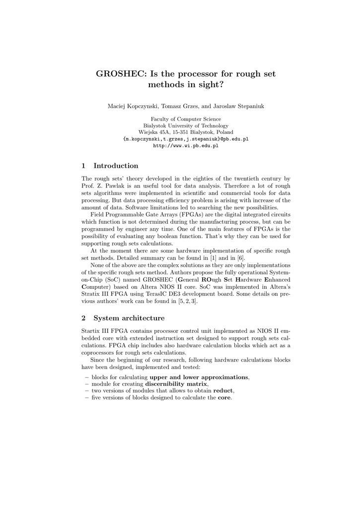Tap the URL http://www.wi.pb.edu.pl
[x=186, y=146]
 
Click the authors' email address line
[x=186, y=139]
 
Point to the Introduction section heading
[x=116, y=166]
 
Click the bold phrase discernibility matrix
[x=176, y=384]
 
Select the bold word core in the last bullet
[x=224, y=398]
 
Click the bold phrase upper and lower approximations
[x=199, y=377]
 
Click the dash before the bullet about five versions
[x=87, y=398]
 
